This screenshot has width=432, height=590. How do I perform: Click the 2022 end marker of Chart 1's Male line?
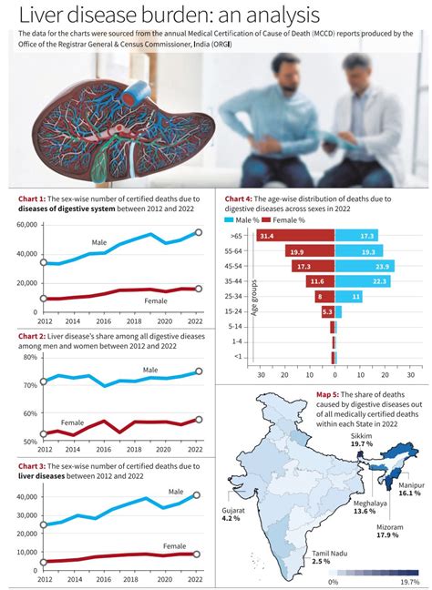click(199, 233)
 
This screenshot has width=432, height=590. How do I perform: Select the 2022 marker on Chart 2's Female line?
click(199, 420)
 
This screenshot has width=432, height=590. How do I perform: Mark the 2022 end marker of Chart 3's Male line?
click(199, 496)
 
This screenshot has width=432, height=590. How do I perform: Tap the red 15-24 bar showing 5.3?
click(327, 312)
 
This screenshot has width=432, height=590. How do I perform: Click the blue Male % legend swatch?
click(229, 220)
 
